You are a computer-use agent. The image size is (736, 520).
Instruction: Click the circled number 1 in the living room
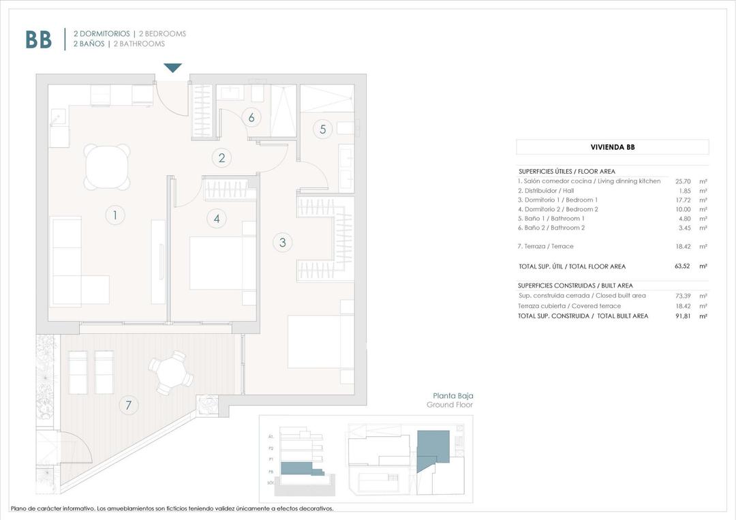[x=115, y=216]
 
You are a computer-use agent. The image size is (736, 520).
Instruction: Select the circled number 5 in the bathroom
[x=323, y=128]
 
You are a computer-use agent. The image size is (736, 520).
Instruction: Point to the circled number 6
[x=251, y=117]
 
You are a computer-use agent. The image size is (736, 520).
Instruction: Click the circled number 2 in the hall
[x=221, y=159]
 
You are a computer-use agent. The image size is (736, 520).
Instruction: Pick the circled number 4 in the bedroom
[x=217, y=219]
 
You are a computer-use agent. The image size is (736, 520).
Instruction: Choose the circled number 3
[x=281, y=241]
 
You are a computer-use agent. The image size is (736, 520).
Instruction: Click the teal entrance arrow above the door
[x=173, y=67]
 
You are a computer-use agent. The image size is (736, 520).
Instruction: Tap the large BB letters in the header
[x=39, y=40]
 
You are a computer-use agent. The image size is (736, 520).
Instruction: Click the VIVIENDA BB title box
[x=612, y=147]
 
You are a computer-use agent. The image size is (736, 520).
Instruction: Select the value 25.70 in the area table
[x=683, y=181]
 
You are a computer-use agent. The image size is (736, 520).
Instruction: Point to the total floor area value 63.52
[x=683, y=266]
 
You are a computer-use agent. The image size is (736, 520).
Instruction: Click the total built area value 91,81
[x=683, y=316]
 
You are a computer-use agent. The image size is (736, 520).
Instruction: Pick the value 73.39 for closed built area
[x=683, y=296]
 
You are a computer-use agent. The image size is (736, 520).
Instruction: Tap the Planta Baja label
[x=453, y=395]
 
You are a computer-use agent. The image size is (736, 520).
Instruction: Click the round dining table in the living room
[x=107, y=166]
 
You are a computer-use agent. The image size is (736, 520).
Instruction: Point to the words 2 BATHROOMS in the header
[x=139, y=44]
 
